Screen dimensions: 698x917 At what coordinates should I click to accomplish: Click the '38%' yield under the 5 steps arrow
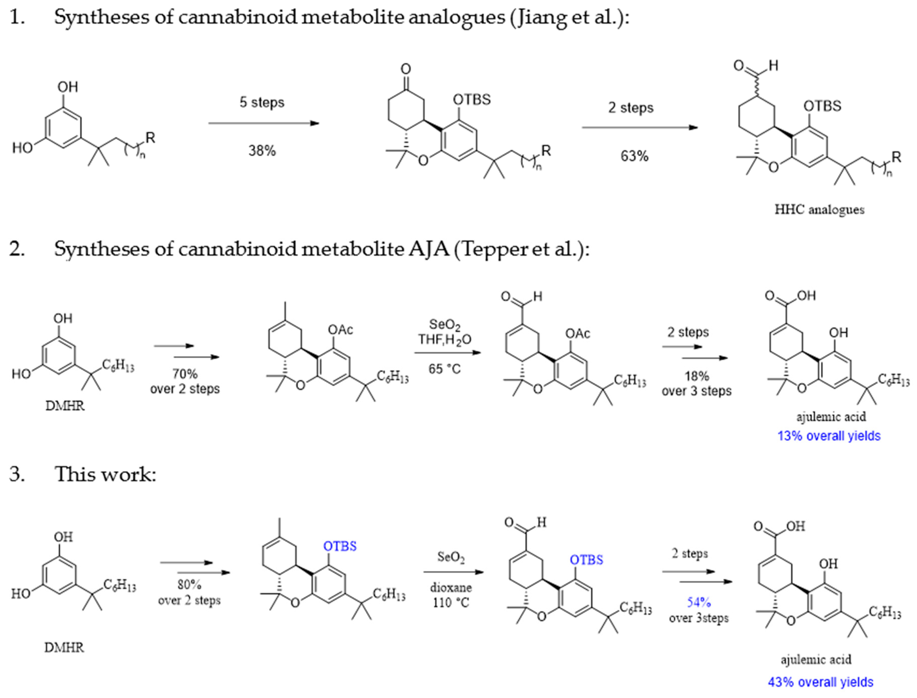(x=262, y=151)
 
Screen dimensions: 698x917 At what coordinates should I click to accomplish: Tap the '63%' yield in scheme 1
(x=634, y=156)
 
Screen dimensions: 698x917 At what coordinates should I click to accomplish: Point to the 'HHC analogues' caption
(x=819, y=209)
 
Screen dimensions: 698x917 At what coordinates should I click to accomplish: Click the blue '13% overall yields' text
(x=829, y=436)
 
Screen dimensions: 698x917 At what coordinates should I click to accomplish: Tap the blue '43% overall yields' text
(x=820, y=682)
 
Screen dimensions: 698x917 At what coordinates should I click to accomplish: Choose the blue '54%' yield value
(x=699, y=602)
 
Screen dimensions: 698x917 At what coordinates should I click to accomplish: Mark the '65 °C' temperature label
(x=445, y=369)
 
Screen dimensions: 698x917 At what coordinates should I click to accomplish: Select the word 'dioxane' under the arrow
(x=451, y=588)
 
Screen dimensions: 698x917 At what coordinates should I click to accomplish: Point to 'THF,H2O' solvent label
(x=445, y=340)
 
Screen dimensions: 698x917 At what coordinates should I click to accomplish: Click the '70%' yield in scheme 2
(x=185, y=374)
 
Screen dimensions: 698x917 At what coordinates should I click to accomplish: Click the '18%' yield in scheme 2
(x=697, y=376)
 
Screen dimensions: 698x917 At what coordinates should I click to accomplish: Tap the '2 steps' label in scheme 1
(x=631, y=108)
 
